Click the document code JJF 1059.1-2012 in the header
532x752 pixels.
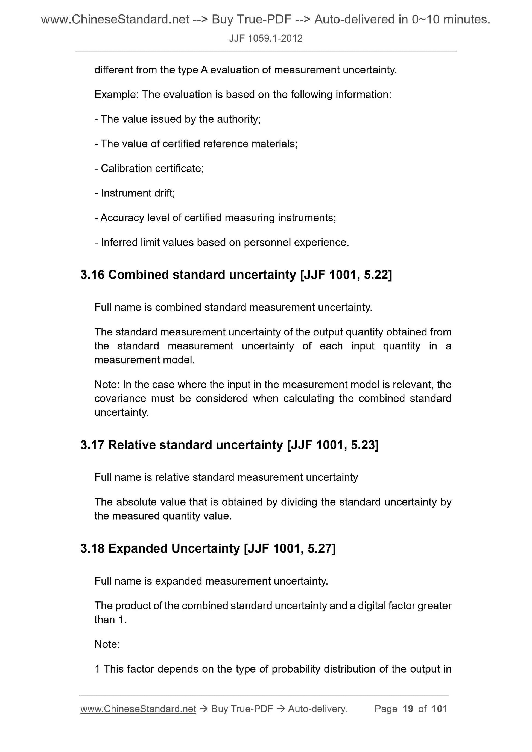(x=265, y=39)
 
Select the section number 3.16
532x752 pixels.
(x=92, y=275)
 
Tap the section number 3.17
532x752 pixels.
(x=92, y=445)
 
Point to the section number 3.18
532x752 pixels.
(x=92, y=548)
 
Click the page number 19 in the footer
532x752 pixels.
(x=408, y=709)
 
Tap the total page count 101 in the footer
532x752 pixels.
(x=439, y=709)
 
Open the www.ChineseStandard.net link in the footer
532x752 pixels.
(x=138, y=709)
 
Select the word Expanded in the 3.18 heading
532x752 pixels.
(x=138, y=548)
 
